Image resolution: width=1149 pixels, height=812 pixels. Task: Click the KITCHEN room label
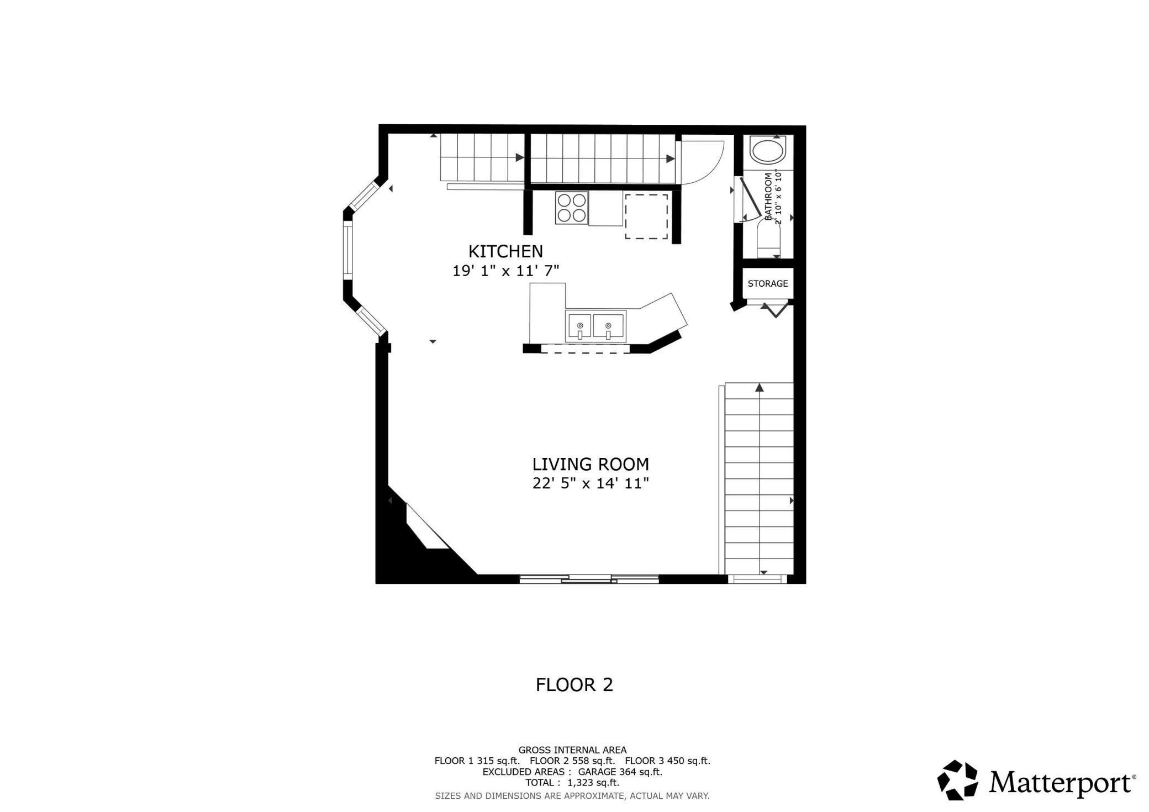(505, 251)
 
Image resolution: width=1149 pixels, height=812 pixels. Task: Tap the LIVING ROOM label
(591, 464)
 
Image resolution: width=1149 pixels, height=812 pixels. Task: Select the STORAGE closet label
(767, 283)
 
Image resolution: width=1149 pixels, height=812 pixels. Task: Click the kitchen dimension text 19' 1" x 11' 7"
(505, 271)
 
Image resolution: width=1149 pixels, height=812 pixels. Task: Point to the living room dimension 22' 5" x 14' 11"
(591, 484)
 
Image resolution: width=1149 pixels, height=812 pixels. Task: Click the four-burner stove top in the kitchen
(572, 207)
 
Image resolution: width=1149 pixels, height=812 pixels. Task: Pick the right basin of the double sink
(608, 327)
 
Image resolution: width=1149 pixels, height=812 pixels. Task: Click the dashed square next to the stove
(646, 216)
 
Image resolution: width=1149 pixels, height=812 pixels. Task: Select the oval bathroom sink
(767, 151)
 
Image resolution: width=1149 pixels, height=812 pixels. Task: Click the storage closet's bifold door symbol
(776, 309)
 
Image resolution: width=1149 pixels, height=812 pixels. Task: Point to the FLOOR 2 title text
(574, 685)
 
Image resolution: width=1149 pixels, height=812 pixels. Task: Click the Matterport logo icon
(957, 780)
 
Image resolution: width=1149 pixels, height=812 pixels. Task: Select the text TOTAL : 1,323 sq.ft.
(572, 782)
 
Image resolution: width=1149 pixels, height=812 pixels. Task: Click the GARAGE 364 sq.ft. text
(620, 772)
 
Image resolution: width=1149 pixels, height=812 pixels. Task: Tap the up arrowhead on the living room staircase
(760, 387)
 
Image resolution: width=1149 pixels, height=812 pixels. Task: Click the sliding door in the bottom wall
(589, 579)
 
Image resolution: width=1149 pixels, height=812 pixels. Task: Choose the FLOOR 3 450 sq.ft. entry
(667, 761)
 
